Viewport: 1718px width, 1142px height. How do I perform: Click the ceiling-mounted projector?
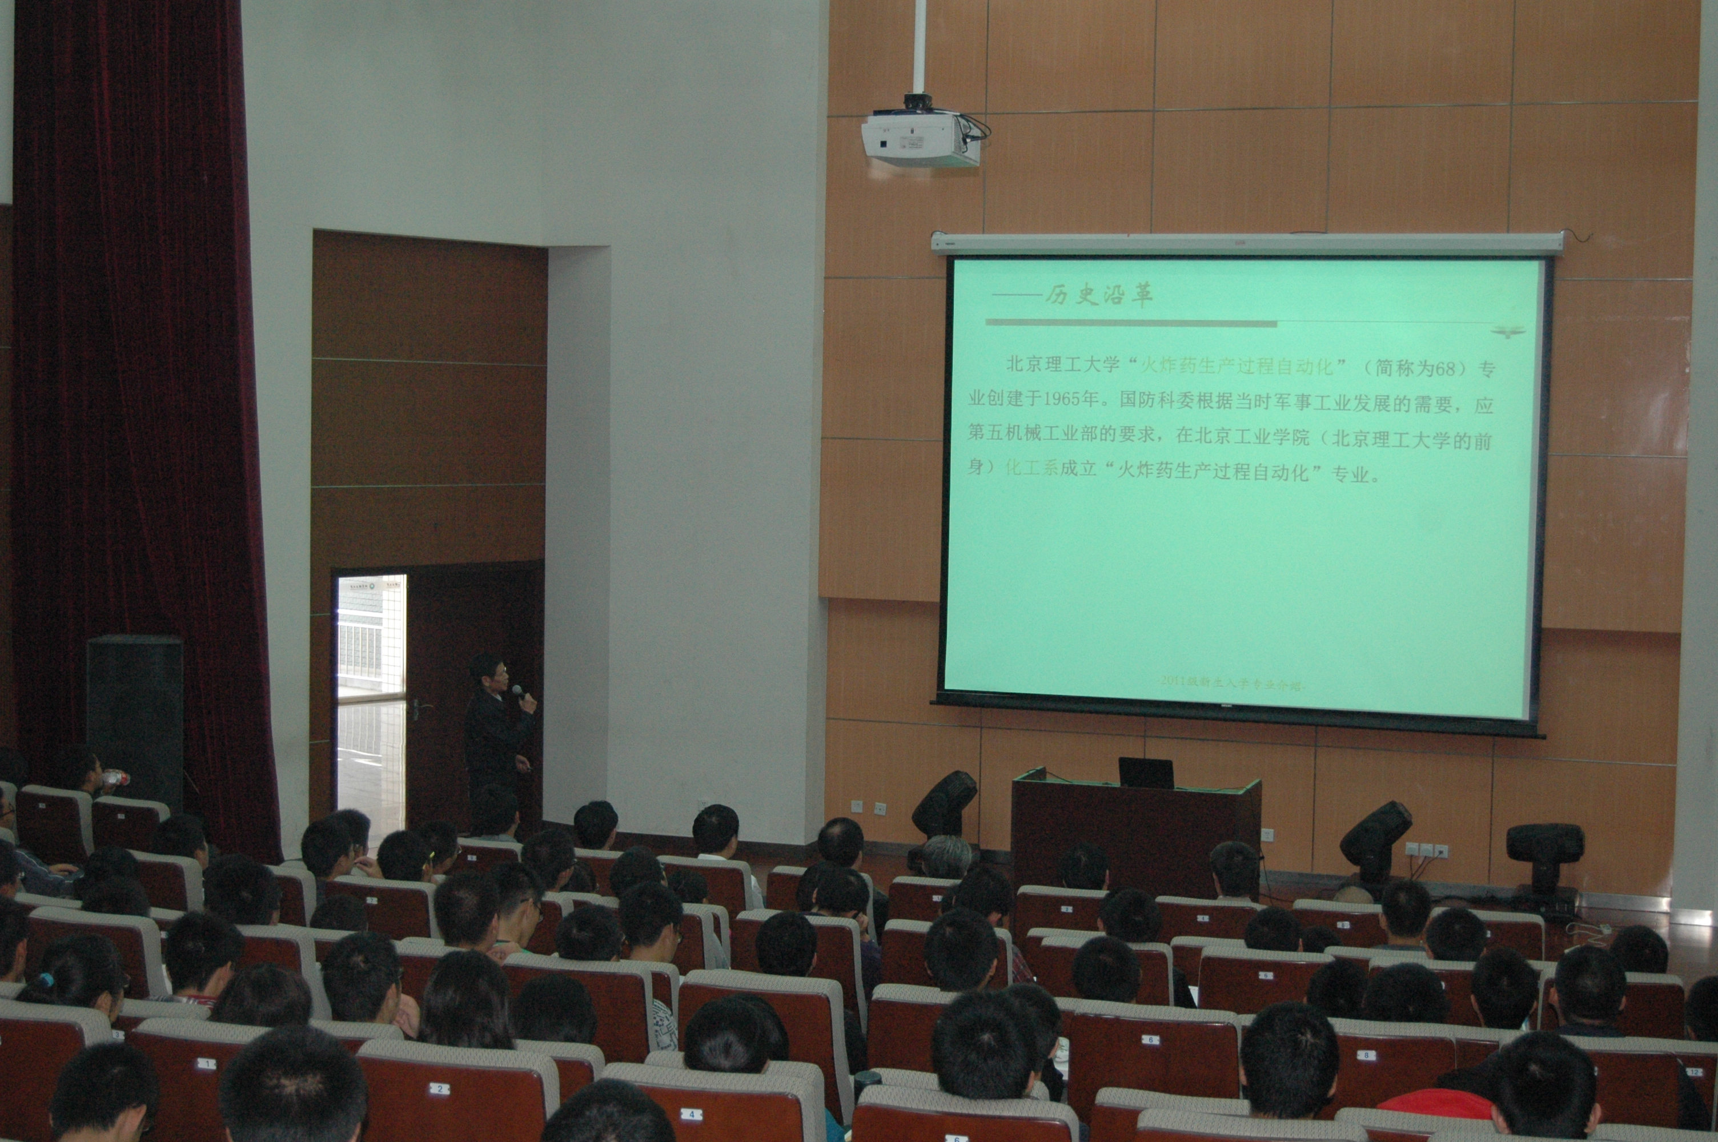(921, 135)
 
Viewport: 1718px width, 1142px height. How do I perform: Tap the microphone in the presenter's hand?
(517, 690)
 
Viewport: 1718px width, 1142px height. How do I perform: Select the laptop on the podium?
(1146, 774)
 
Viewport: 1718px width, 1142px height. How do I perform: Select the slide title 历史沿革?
(1099, 295)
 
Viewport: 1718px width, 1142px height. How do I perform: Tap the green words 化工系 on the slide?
(1030, 468)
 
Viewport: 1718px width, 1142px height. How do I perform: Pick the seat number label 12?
(1694, 1071)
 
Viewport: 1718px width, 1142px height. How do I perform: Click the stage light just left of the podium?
(944, 805)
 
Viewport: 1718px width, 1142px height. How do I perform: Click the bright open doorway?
(371, 699)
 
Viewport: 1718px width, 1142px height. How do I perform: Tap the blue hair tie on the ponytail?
(47, 980)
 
